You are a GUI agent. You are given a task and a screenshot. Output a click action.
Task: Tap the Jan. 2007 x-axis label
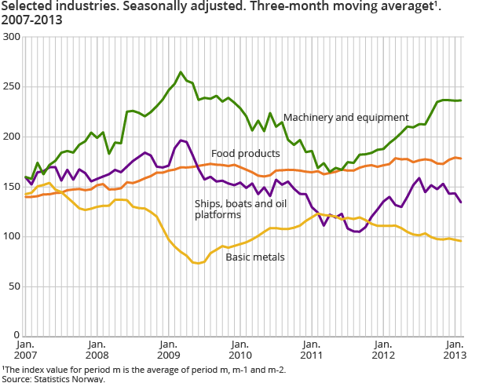25,349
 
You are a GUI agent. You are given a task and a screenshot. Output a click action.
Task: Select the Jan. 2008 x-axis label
97,349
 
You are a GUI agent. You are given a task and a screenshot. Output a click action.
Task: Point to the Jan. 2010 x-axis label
239,349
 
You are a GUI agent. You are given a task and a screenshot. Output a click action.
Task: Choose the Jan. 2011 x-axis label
311,349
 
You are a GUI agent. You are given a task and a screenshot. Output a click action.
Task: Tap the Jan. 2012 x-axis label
382,349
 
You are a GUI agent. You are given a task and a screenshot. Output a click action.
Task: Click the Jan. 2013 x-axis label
453,349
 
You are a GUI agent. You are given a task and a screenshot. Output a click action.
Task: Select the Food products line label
246,152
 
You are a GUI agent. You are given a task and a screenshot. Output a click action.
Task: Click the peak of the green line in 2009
181,72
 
